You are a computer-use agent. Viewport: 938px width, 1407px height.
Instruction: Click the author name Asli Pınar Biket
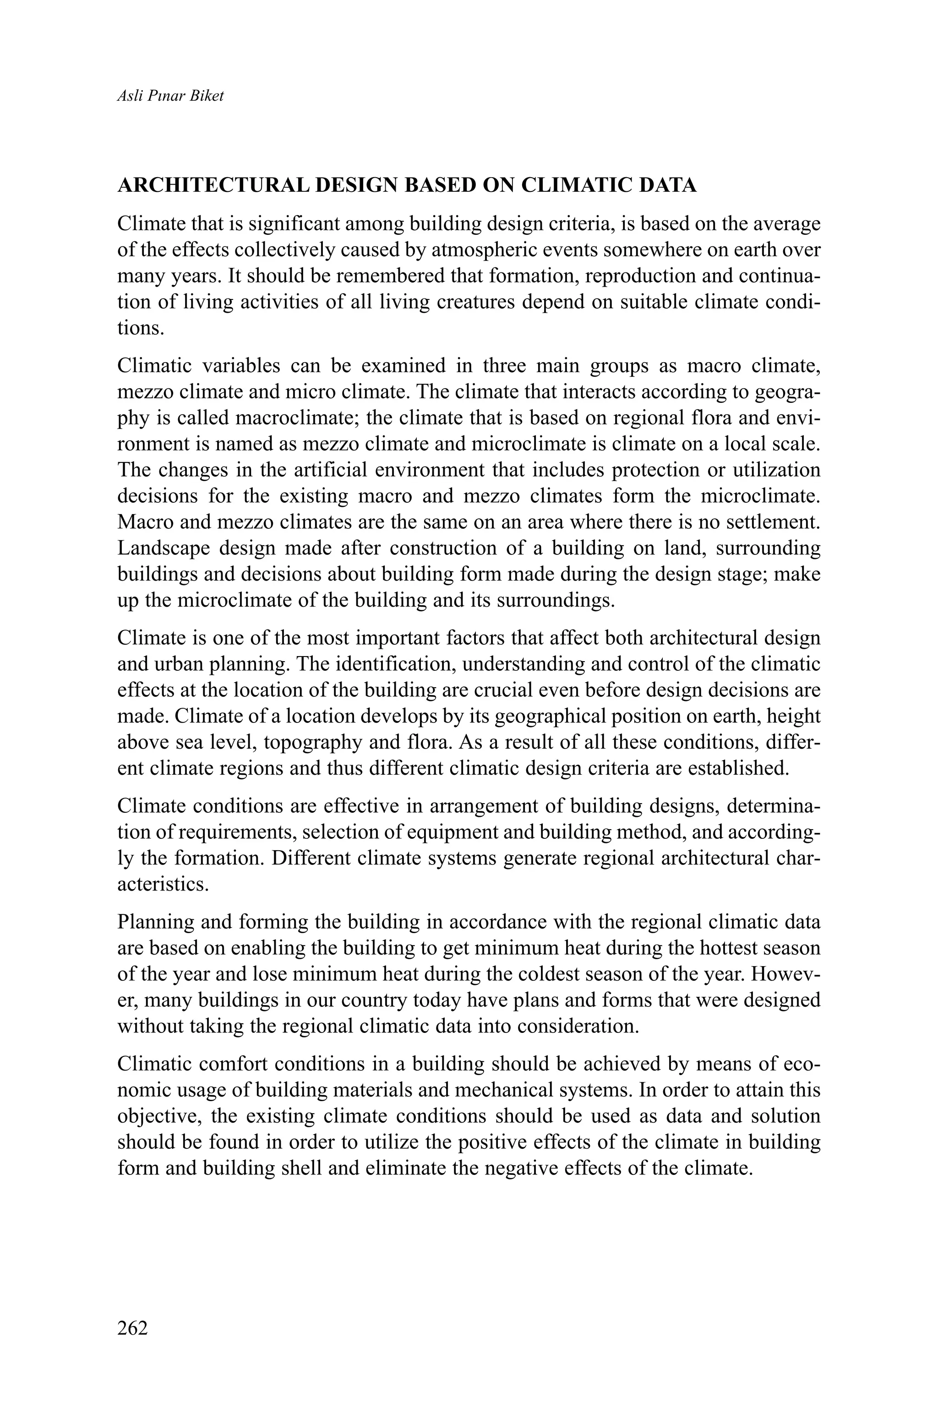pos(170,96)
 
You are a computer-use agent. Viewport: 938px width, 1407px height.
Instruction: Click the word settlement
pos(773,522)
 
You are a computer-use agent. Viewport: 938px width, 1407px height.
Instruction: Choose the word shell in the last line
pos(302,1168)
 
